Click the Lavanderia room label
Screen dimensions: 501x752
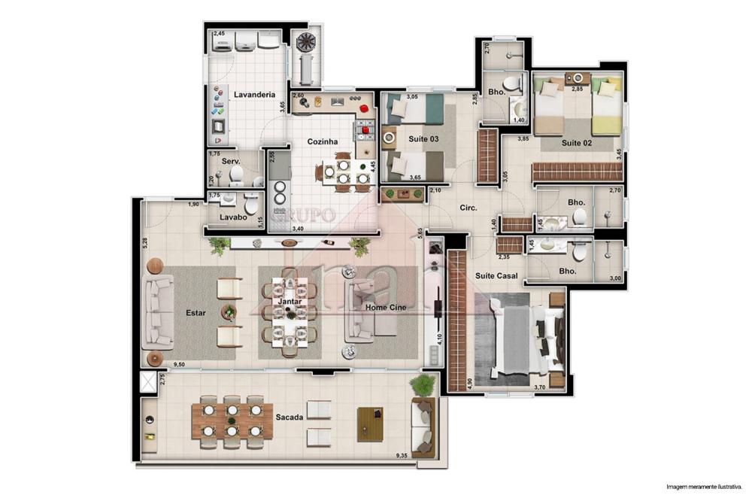point(253,95)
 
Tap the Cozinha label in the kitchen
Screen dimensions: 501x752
point(322,141)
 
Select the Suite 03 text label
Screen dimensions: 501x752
point(423,139)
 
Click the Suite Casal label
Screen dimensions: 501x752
point(495,276)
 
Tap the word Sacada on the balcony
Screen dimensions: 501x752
point(289,417)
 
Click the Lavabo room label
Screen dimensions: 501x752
point(233,218)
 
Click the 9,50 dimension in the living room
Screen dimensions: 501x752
point(179,365)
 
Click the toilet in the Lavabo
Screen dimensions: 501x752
point(251,205)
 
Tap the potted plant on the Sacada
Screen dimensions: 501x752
point(424,385)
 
